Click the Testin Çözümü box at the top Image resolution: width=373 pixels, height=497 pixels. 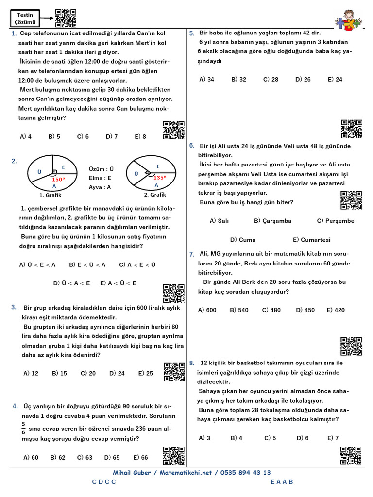[x=25, y=18]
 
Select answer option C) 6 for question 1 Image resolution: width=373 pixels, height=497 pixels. [x=83, y=137]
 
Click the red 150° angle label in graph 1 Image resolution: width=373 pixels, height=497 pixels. [x=58, y=179]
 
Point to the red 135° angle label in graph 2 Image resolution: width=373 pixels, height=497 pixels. [x=159, y=178]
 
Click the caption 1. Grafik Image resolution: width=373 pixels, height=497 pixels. [x=50, y=195]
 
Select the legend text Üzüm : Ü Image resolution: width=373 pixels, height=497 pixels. [x=101, y=169]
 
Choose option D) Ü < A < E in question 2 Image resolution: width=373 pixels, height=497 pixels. [x=71, y=283]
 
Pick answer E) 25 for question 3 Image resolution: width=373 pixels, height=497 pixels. [x=145, y=373]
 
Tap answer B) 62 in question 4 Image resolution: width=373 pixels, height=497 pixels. [x=58, y=457]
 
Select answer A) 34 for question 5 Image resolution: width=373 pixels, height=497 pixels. [x=206, y=79]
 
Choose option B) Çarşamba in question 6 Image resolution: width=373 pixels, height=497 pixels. [x=272, y=221]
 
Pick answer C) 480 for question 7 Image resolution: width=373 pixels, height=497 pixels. [x=271, y=310]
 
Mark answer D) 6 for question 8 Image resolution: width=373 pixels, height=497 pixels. [x=303, y=438]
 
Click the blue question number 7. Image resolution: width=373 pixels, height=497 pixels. [x=192, y=254]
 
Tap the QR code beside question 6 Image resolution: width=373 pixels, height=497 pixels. [x=351, y=200]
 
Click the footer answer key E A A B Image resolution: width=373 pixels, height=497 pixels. [x=282, y=482]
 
